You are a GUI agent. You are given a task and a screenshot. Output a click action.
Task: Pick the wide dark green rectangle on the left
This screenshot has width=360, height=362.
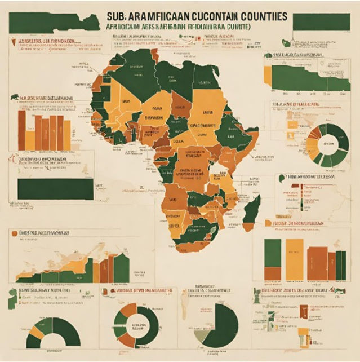coord(55,189)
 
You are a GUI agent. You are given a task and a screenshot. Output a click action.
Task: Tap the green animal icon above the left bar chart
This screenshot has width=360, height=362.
coord(14,97)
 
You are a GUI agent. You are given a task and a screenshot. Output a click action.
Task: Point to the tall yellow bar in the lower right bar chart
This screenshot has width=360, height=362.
coord(294,259)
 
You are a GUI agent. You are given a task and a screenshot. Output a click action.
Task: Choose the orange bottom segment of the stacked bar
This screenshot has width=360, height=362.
coord(273,273)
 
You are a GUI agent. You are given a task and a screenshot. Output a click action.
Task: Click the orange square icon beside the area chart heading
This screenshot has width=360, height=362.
coord(13,232)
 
